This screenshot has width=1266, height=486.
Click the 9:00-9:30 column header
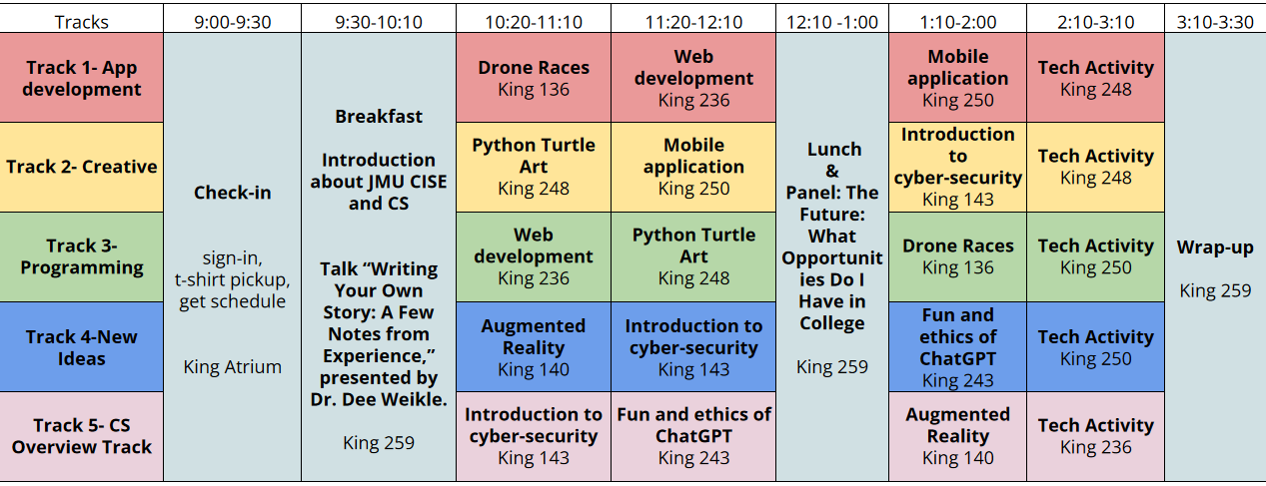pos(232,21)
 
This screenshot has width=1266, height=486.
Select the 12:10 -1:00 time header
pos(832,21)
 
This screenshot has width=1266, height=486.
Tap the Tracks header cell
pos(82,21)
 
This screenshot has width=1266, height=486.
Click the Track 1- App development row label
pos(82,78)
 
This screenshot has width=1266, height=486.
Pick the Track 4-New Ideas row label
pos(82,347)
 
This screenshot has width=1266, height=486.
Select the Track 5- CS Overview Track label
pos(82,436)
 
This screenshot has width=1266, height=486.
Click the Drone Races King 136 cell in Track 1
pos(534,78)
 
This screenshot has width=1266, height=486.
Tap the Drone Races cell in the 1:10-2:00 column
pos(957,256)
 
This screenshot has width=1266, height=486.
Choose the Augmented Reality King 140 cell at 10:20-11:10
pos(534,347)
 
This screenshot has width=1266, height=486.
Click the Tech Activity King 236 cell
pos(1095,436)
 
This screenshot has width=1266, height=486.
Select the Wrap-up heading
pos(1214,247)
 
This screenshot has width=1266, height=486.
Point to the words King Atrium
pos(232,366)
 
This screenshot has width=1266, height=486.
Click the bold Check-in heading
pos(232,193)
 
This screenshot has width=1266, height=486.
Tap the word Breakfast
pos(379,116)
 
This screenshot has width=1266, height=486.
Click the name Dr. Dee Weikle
pos(379,400)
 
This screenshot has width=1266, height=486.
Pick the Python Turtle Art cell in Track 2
pos(534,167)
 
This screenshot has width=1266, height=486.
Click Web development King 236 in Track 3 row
pos(534,256)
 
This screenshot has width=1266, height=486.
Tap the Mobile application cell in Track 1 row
pos(957,78)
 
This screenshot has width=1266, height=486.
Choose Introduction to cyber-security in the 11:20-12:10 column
pos(693,347)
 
